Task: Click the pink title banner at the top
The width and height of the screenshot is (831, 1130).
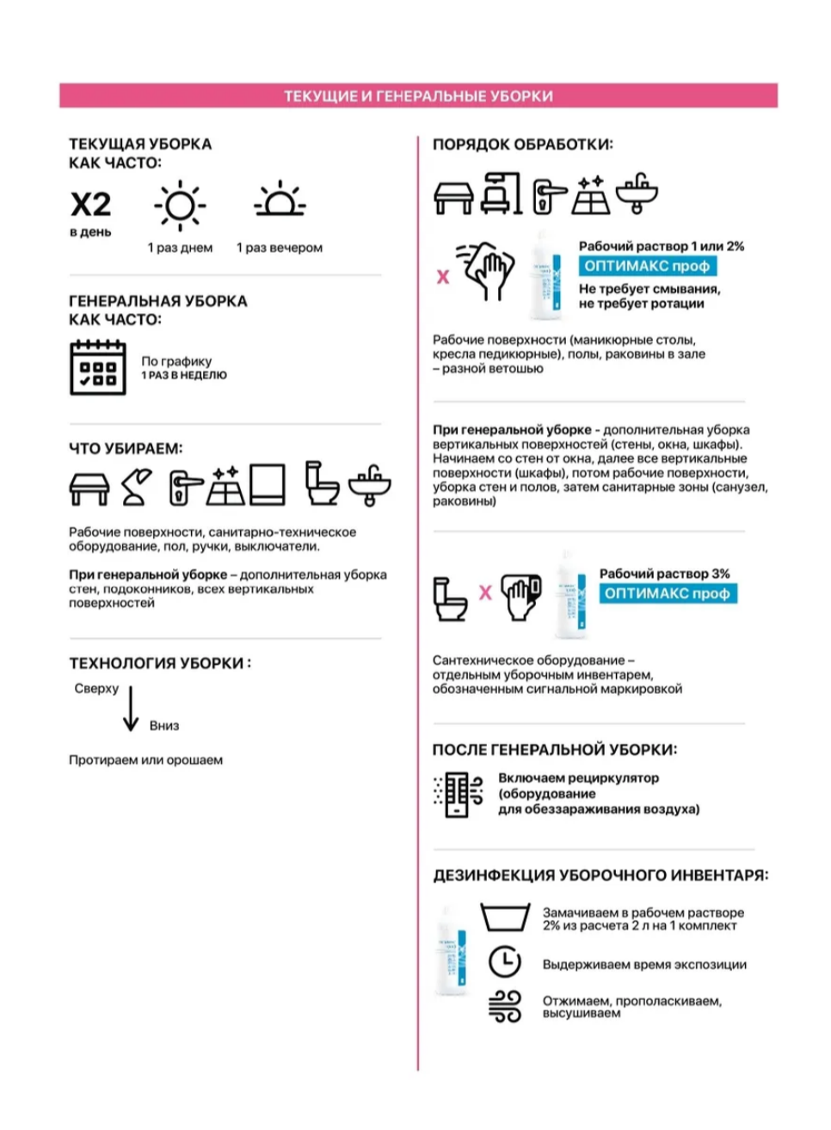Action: click(418, 95)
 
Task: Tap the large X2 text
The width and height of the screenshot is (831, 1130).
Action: click(90, 205)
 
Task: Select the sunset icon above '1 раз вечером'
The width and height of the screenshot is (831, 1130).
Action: click(280, 201)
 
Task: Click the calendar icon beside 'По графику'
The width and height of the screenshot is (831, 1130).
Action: click(97, 368)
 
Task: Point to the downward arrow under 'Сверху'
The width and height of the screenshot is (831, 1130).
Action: click(131, 709)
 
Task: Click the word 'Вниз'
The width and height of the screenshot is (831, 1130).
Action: click(164, 726)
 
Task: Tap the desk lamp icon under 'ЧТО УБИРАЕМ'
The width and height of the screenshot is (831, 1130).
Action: click(137, 486)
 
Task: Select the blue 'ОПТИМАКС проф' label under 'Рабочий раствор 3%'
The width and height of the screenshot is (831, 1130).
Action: click(667, 593)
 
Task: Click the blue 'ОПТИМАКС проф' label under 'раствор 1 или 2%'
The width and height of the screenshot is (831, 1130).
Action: click(646, 267)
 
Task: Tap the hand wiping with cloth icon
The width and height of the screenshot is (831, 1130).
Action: click(488, 270)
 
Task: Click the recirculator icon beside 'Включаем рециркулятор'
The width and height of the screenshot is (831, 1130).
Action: click(459, 793)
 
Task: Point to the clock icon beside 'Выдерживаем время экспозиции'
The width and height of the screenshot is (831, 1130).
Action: click(505, 961)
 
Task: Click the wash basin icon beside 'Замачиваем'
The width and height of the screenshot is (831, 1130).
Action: click(505, 917)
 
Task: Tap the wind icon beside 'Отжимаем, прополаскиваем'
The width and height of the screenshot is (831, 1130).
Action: click(505, 1005)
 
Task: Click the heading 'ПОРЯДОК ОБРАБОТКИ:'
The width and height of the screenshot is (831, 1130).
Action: click(522, 144)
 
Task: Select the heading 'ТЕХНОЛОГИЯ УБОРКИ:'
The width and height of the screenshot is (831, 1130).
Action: click(160, 663)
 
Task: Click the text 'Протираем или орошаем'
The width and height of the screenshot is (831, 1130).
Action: click(145, 760)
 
